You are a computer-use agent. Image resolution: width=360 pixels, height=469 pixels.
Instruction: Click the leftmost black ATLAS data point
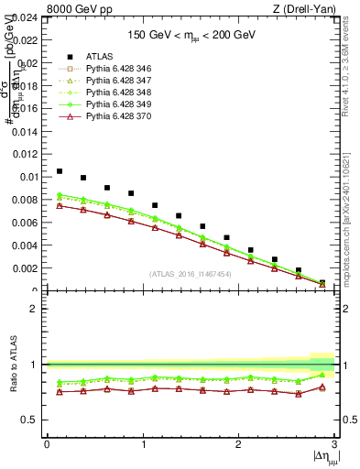[60, 171]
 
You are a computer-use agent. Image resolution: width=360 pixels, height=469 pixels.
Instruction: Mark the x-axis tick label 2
[238, 444]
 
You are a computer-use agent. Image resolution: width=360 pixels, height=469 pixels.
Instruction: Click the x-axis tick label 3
[334, 444]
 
